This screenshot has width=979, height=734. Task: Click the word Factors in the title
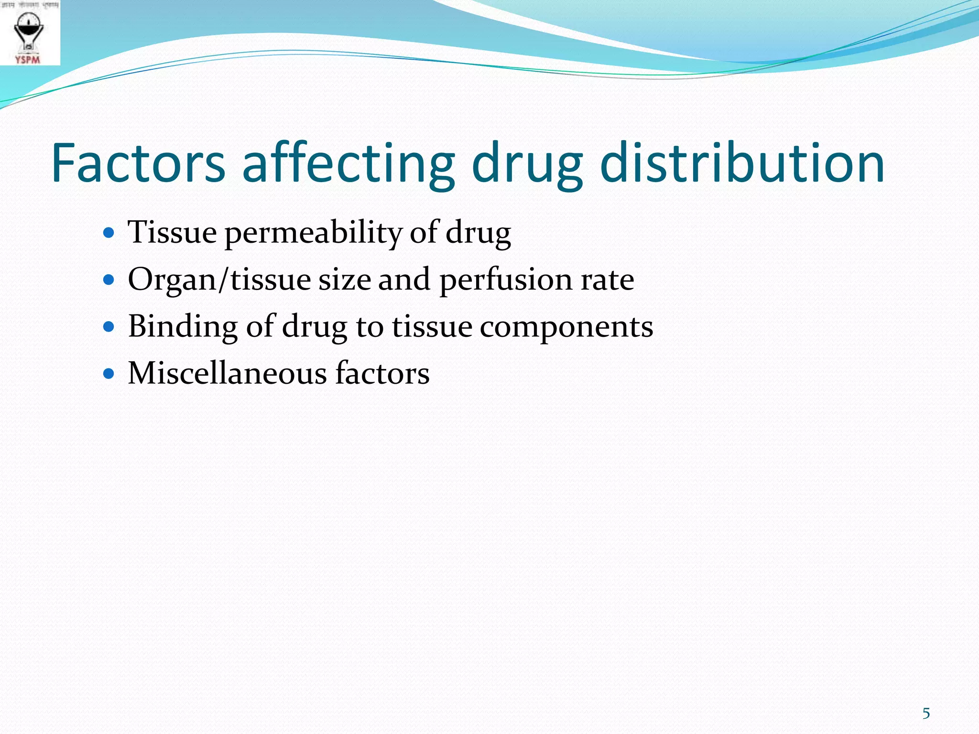coord(138,163)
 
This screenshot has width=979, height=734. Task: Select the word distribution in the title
coord(741,163)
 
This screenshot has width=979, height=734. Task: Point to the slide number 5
coord(926,713)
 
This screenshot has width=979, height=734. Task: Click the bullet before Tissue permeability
coord(109,233)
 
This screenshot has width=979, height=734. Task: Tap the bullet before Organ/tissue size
coord(109,280)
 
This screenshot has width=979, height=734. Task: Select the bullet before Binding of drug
coord(109,327)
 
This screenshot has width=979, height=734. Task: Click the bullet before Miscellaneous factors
coord(109,373)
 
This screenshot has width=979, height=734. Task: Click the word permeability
coord(313,233)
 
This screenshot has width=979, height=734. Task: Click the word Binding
coord(183,327)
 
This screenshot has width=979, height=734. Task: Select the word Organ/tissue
coord(219,280)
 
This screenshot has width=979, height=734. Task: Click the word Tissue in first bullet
coord(172,233)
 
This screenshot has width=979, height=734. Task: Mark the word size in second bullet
coord(344,280)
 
